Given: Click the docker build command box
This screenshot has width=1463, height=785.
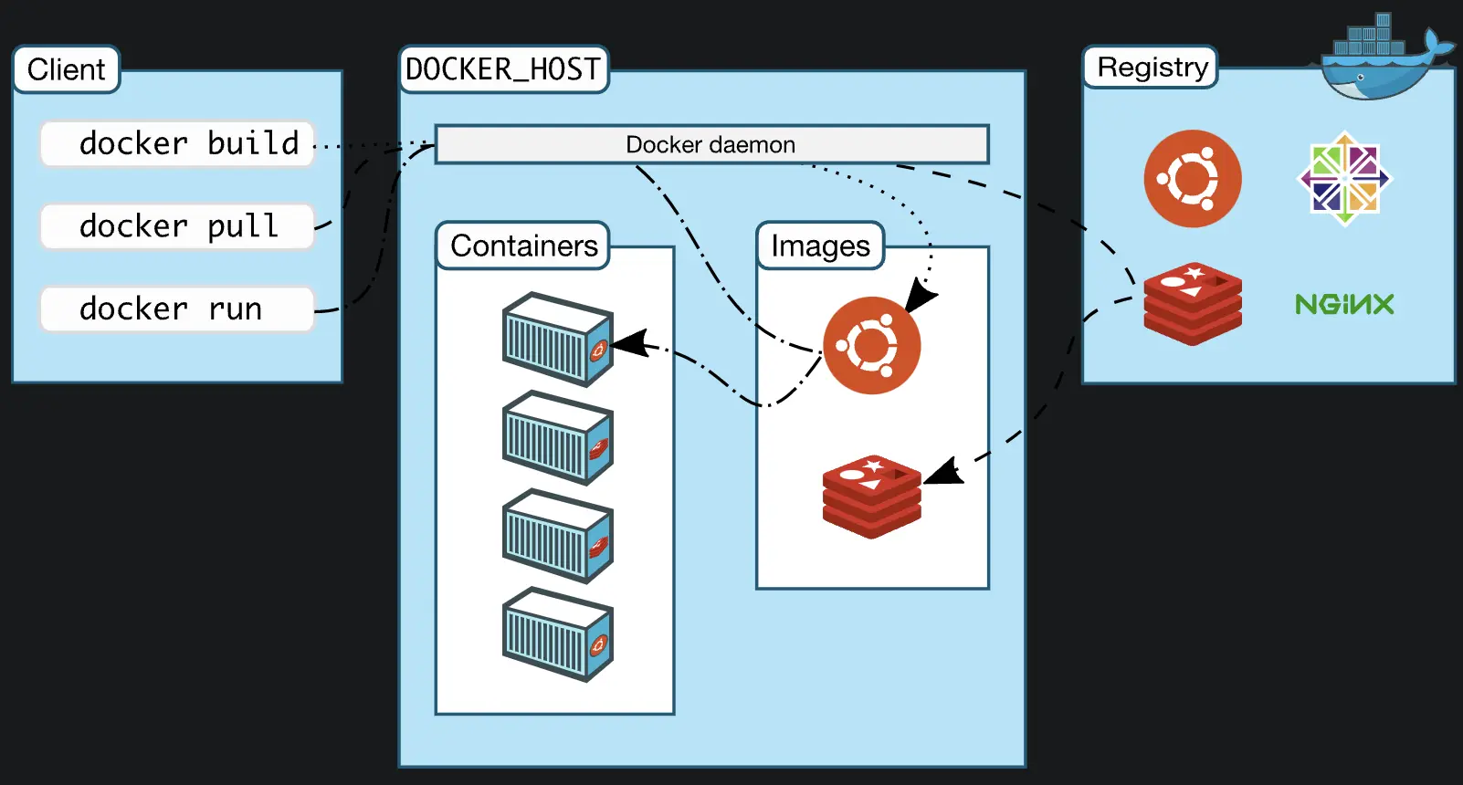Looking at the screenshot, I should pos(177,143).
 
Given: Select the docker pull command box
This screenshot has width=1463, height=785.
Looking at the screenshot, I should pos(177,226).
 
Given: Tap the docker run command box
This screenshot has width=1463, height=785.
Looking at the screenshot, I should pos(177,309).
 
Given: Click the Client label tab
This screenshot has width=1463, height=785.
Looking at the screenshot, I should pos(66,69).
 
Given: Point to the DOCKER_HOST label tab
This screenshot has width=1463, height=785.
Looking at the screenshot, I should pos(503,69).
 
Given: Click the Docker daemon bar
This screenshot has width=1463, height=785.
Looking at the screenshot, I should pos(711,144).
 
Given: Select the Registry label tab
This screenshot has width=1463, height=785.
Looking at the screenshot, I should pos(1151,68).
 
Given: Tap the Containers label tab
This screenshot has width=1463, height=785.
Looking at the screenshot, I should pos(523,246).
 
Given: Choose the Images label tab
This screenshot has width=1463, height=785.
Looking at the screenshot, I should pos(820,246).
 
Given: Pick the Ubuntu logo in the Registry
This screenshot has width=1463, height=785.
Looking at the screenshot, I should pos(1192,179).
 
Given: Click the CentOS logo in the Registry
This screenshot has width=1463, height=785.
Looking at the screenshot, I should pos(1343,179).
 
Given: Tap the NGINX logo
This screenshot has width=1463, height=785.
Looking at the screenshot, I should pos(1343,304).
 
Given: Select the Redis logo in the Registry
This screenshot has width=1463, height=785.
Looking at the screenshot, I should pos(1192,304).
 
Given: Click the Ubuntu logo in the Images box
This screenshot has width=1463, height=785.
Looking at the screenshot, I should pos(871,345).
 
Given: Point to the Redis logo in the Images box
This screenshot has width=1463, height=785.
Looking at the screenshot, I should pos(871,497).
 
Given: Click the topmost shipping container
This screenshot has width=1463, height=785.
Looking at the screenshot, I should pos(557,339).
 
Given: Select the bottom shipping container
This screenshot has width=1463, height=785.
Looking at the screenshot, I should pos(557,634).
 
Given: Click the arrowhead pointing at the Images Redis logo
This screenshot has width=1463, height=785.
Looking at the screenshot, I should pos(943,472).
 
